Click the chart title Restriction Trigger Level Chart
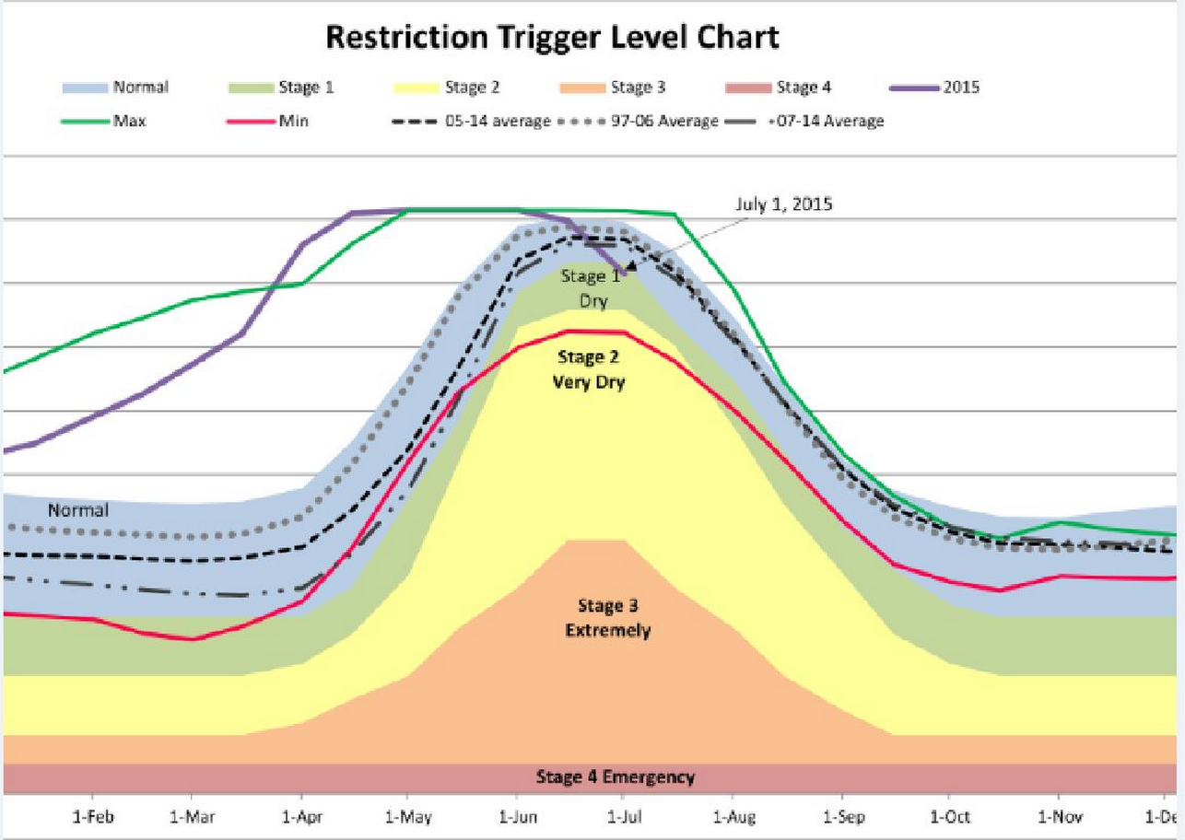(x=553, y=38)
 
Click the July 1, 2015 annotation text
(x=783, y=204)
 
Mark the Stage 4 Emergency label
(x=615, y=777)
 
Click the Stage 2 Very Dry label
(x=589, y=369)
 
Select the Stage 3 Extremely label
(x=607, y=618)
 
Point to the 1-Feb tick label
(x=92, y=816)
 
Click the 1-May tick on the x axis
(x=407, y=816)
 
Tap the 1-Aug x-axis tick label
(x=733, y=816)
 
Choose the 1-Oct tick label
(x=949, y=816)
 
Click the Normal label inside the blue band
(x=77, y=510)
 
